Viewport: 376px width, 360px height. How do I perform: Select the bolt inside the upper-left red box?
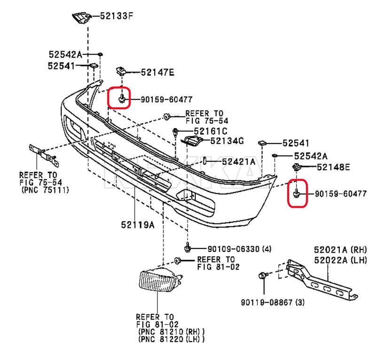(x=122, y=98)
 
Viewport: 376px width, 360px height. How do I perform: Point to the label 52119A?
(x=137, y=225)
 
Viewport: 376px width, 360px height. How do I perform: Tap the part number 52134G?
(x=227, y=141)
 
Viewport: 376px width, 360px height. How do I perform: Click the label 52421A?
(x=238, y=161)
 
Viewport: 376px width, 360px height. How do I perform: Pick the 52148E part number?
(x=333, y=167)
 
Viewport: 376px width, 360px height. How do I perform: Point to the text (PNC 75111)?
(x=45, y=190)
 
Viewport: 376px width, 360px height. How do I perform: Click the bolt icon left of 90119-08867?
(x=262, y=275)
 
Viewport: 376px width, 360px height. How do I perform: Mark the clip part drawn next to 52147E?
(x=120, y=71)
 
